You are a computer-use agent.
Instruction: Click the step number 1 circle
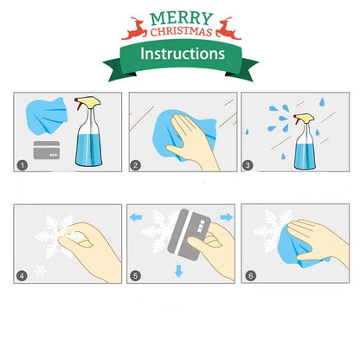click(22, 164)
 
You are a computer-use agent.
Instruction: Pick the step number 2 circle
click(135, 164)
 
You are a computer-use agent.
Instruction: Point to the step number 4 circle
click(22, 277)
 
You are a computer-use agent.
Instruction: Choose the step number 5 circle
click(135, 277)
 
